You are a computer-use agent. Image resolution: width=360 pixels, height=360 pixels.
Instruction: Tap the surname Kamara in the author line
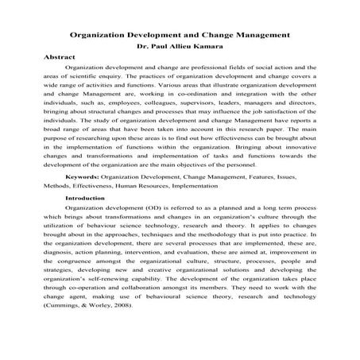pos(208,48)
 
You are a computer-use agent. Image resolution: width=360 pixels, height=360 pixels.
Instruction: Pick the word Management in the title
pos(255,36)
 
